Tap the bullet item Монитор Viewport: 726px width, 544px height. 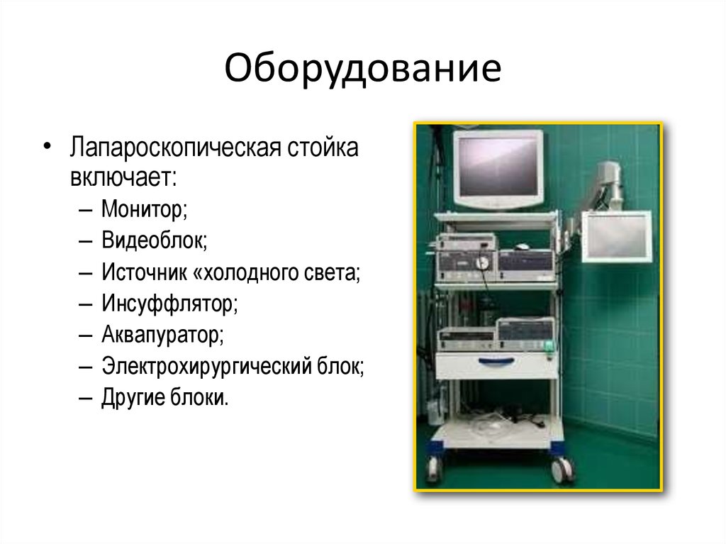pos(144,209)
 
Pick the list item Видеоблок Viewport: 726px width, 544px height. pos(154,240)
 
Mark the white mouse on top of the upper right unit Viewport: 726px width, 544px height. pos(523,246)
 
